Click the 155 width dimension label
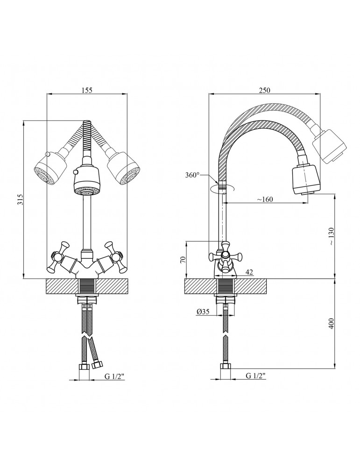pyautogui.click(x=87, y=90)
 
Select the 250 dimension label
pyautogui.click(x=264, y=90)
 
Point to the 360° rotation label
pyautogui.click(x=193, y=175)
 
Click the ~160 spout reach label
pyautogui.click(x=265, y=199)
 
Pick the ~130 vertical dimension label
pyautogui.click(x=332, y=236)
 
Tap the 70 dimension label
pyautogui.click(x=183, y=259)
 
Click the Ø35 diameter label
pyautogui.click(x=203, y=311)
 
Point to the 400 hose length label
pyautogui.click(x=332, y=324)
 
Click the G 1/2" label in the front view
pyautogui.click(x=114, y=376)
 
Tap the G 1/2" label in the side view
pyautogui.click(x=255, y=376)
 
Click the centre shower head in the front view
pyautogui.click(x=87, y=182)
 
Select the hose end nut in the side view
pyautogui.click(x=225, y=367)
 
